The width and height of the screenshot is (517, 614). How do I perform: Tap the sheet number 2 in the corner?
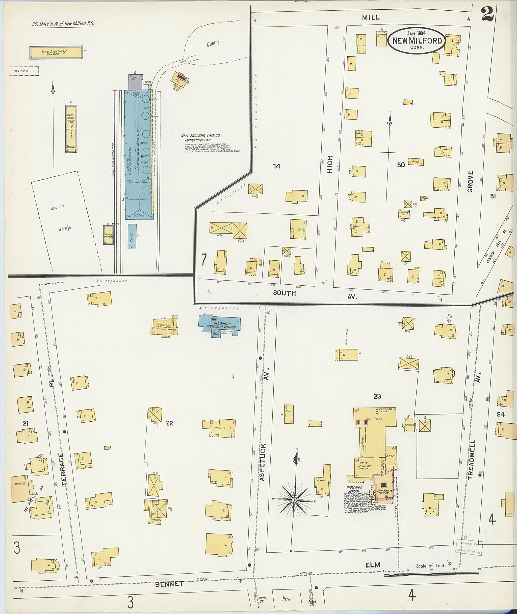[488, 14]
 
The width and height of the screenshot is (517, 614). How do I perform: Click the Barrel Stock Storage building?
[56, 52]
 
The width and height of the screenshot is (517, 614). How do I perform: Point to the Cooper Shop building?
[71, 129]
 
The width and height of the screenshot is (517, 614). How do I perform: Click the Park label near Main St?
[286, 599]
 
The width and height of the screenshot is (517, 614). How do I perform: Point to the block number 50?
[401, 165]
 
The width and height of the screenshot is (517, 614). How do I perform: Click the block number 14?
[276, 166]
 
